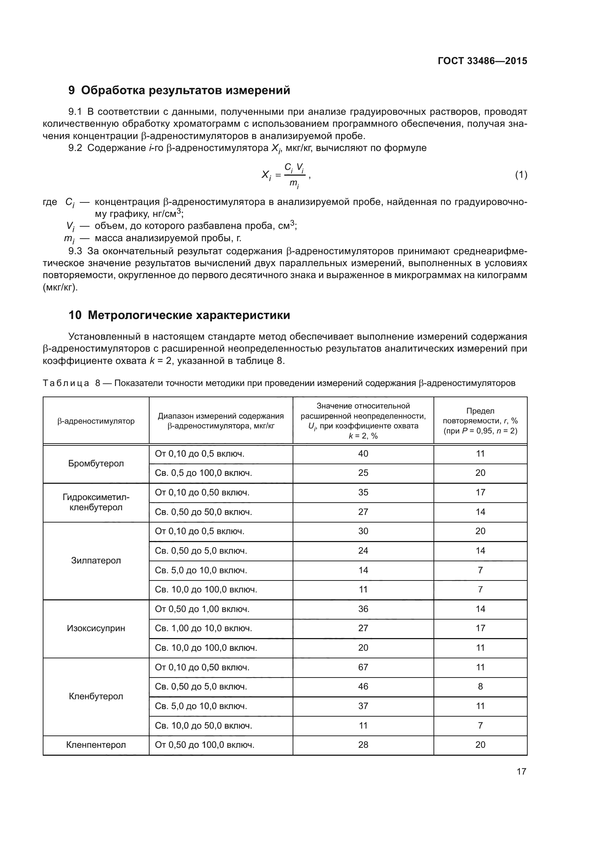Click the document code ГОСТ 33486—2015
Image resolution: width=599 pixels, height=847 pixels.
(x=482, y=61)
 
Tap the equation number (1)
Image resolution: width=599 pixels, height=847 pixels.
(x=521, y=175)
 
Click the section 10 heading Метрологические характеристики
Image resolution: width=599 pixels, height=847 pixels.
(x=179, y=315)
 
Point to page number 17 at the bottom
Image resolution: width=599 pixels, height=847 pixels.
(x=521, y=771)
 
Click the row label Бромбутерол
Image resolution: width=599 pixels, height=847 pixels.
(x=96, y=464)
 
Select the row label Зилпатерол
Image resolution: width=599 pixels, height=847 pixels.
(x=96, y=560)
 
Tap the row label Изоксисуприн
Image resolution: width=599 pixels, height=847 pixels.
(x=96, y=628)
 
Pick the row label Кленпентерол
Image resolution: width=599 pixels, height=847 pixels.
(x=96, y=745)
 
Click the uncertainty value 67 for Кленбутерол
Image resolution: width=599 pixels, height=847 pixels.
(x=363, y=667)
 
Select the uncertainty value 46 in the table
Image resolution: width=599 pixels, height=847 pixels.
(x=363, y=687)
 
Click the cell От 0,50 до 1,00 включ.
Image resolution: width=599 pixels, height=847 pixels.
(x=202, y=609)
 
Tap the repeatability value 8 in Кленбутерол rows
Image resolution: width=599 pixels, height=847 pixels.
(x=480, y=687)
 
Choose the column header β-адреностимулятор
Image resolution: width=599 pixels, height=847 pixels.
(x=96, y=421)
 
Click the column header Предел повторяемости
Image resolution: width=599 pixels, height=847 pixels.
(x=480, y=420)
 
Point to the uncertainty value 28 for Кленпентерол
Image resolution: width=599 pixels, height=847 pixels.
(x=363, y=745)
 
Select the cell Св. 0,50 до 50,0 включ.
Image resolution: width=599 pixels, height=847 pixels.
(x=203, y=512)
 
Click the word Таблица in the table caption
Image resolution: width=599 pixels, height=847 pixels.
(x=66, y=383)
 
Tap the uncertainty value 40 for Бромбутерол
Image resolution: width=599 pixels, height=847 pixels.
(x=363, y=454)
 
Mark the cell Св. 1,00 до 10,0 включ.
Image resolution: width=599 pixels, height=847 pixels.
(x=203, y=628)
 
